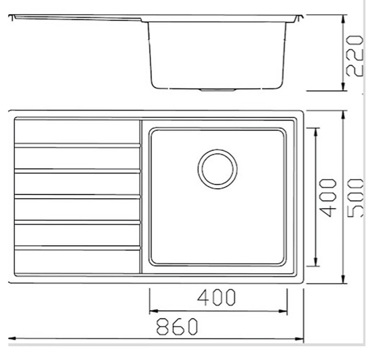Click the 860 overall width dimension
click(176, 326)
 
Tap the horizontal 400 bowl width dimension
click(216, 297)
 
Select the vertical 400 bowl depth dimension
click(328, 198)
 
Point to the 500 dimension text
click(355, 198)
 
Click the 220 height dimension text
click(355, 56)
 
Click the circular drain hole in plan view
click(217, 169)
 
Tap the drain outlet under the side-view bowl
click(217, 90)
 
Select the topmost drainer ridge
click(77, 145)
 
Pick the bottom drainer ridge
click(77, 248)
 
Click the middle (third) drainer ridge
click(77, 196)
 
